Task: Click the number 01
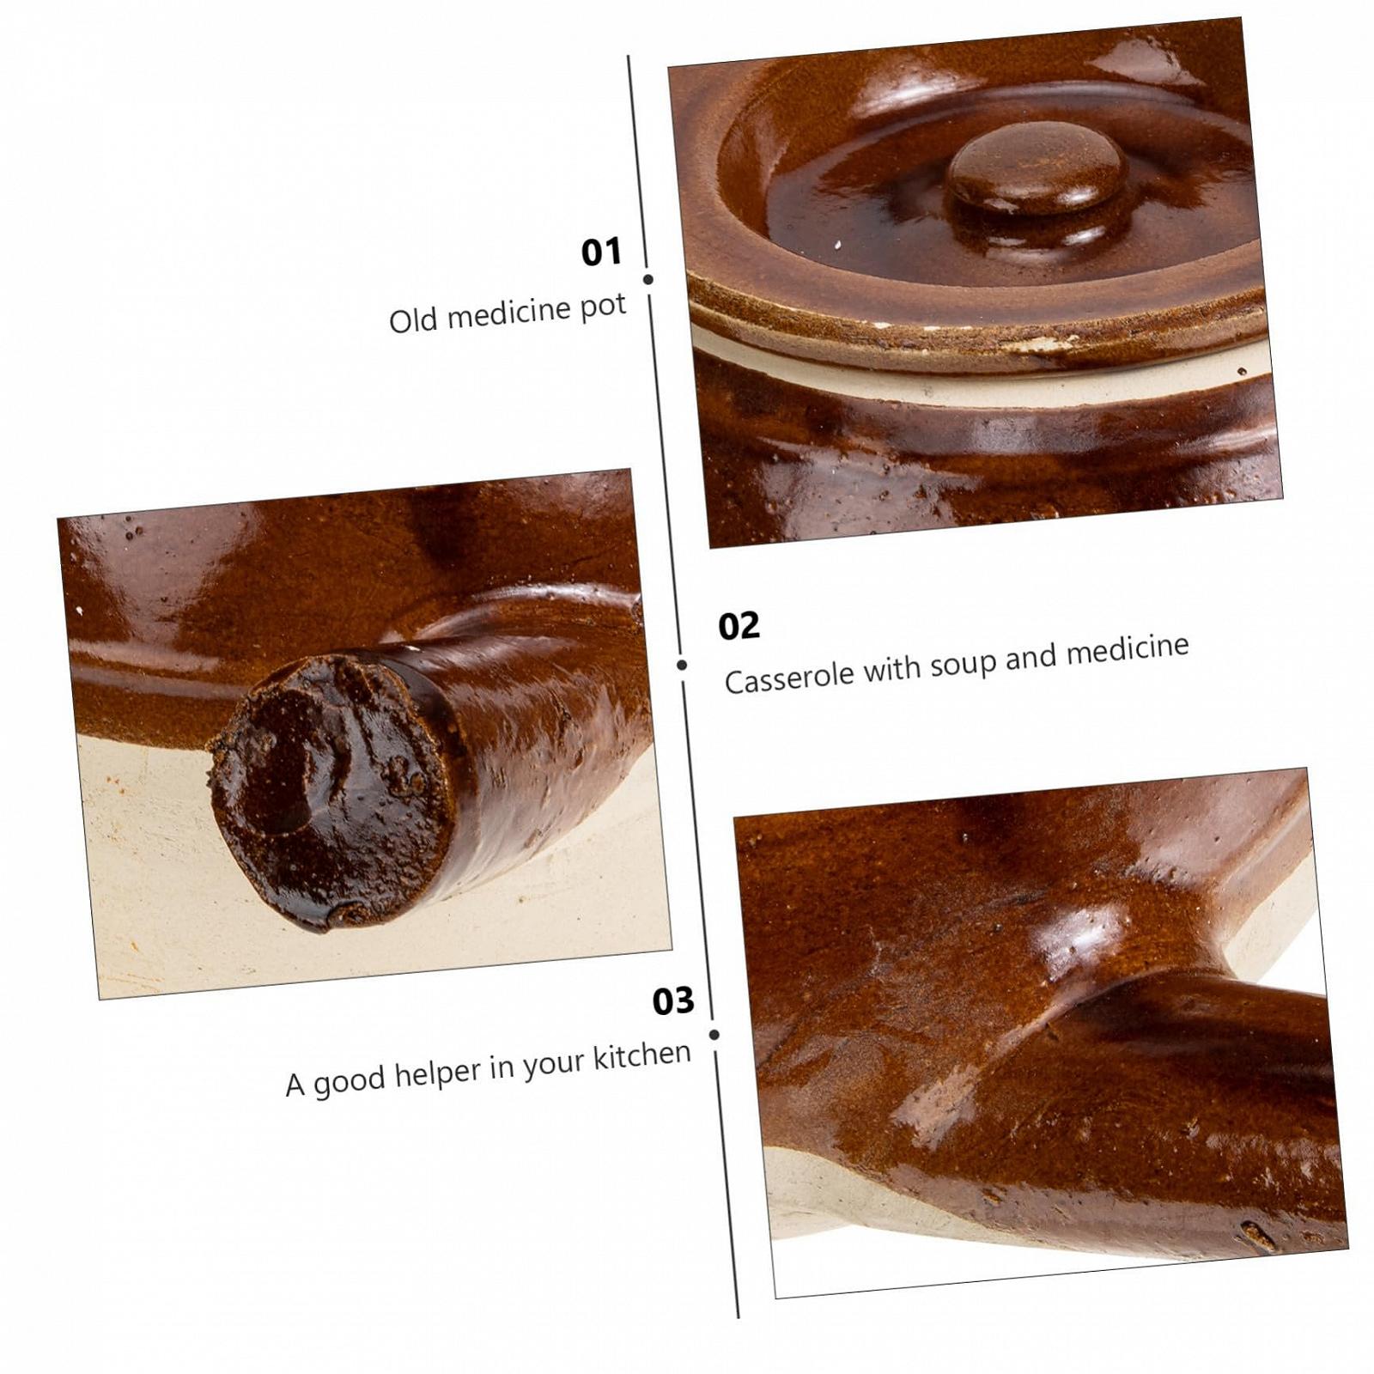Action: click(x=601, y=252)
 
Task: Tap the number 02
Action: click(x=739, y=625)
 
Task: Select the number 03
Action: click(x=673, y=1000)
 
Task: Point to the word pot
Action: click(x=603, y=307)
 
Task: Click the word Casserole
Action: click(x=789, y=677)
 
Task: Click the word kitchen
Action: click(x=641, y=1054)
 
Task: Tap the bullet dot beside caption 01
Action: click(x=648, y=279)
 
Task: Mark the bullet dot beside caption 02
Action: click(x=682, y=665)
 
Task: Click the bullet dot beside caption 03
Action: click(x=714, y=1035)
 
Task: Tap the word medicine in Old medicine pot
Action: click(x=509, y=313)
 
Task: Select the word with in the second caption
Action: click(x=891, y=668)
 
